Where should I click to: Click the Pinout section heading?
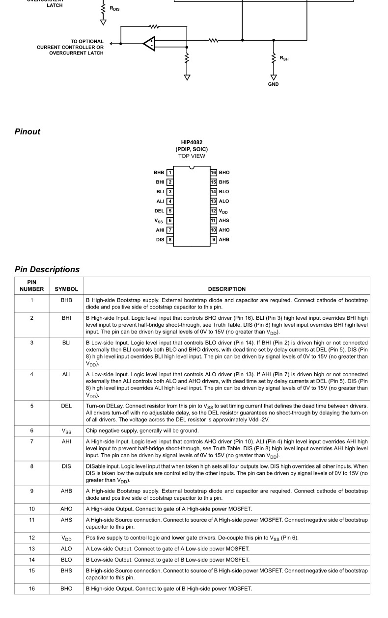pos(28,131)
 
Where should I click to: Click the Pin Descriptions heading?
pos(47,269)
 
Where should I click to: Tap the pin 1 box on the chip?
pos(170,173)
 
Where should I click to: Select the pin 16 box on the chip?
pos(214,173)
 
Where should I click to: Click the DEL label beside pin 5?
pos(159,211)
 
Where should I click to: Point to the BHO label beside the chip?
pos(224,173)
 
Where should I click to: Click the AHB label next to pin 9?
pos(224,240)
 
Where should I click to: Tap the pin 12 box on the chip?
pos(214,211)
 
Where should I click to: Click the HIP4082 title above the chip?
pos(192,143)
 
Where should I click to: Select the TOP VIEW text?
pos(192,156)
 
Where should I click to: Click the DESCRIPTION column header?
pos(226,289)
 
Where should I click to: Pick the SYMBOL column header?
pos(66,289)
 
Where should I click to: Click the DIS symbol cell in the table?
pos(66,466)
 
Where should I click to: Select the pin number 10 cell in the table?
pos(32,509)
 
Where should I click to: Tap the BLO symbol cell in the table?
pos(66,560)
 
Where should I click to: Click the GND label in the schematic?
pos(274,84)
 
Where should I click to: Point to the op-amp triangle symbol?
pos(149,44)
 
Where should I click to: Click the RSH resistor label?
pos(284,58)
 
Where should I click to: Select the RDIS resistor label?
pos(114,9)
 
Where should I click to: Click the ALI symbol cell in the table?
pos(66,374)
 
